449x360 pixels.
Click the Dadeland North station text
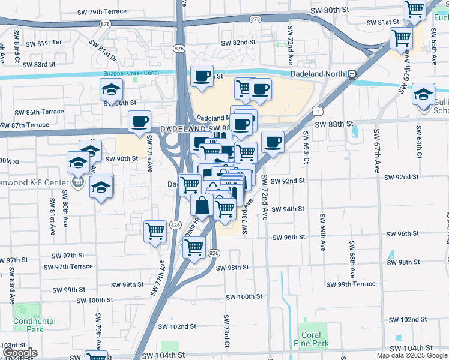click(x=318, y=74)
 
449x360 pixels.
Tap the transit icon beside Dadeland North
click(x=352, y=74)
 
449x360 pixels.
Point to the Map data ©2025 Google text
click(x=412, y=355)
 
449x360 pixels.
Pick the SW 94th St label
click(x=288, y=209)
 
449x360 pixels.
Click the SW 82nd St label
click(x=238, y=43)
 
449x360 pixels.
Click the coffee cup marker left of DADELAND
click(x=139, y=122)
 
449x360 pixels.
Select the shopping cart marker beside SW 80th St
click(x=415, y=10)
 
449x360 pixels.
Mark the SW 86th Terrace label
click(x=39, y=112)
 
